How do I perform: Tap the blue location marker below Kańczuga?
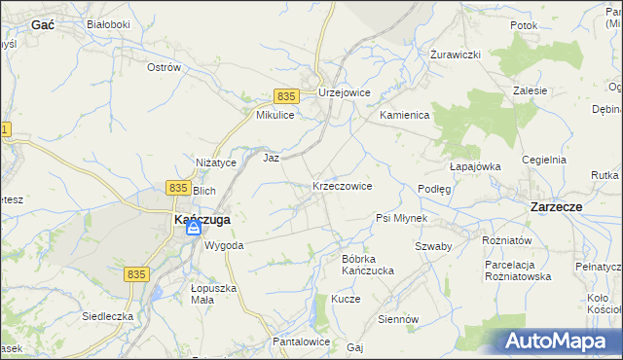(x=194, y=230)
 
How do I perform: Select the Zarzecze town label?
(x=556, y=207)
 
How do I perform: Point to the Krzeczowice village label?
(x=342, y=186)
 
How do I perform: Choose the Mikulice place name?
(x=275, y=115)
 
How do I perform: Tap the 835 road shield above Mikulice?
(x=285, y=96)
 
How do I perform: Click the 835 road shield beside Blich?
(x=177, y=187)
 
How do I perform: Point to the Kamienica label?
(x=404, y=115)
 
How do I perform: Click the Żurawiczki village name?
(x=457, y=54)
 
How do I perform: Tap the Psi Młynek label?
(x=401, y=218)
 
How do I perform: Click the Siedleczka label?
(x=107, y=316)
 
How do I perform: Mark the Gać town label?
(x=42, y=25)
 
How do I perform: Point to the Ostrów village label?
(x=164, y=68)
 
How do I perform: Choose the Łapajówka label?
(x=476, y=166)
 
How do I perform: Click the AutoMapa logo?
(x=559, y=341)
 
